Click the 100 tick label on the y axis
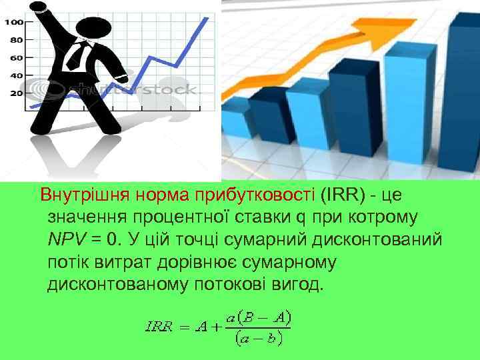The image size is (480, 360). pos(14,22)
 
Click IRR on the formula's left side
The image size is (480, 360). pos(159,327)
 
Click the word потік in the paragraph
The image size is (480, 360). pos(68,262)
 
